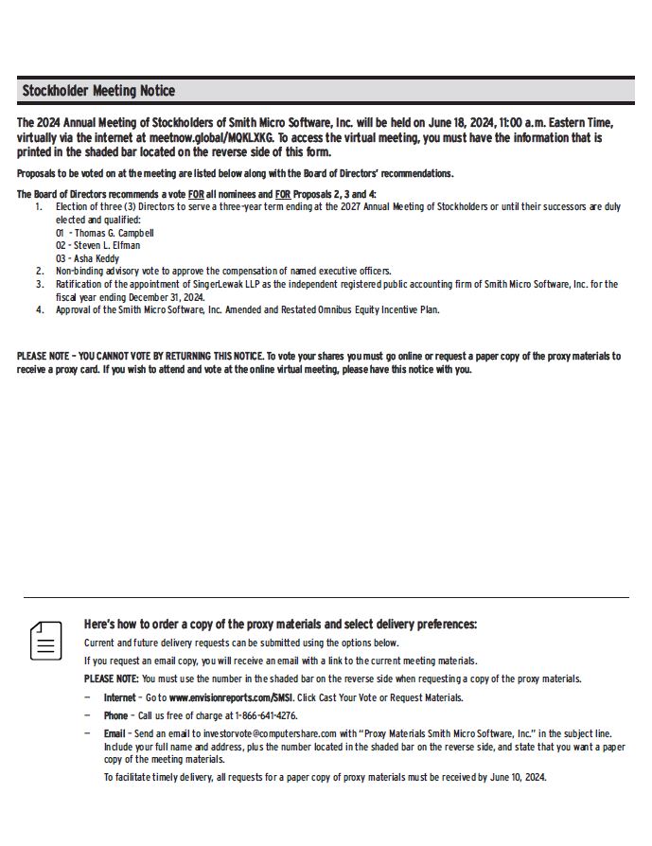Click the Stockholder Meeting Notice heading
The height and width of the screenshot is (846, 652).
tap(98, 91)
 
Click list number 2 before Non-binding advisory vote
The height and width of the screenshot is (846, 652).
tap(40, 271)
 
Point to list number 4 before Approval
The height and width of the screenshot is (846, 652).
tap(40, 309)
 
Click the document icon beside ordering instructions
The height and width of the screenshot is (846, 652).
tap(45, 641)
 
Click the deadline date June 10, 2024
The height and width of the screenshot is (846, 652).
tap(517, 777)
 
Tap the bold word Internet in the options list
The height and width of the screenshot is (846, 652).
tap(120, 697)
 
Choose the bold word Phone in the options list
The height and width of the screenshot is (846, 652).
tap(115, 715)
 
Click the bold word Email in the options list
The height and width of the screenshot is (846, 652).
tap(115, 733)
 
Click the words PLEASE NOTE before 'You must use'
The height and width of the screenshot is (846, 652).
tap(111, 679)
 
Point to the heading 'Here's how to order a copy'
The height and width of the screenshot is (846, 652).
tap(280, 625)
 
